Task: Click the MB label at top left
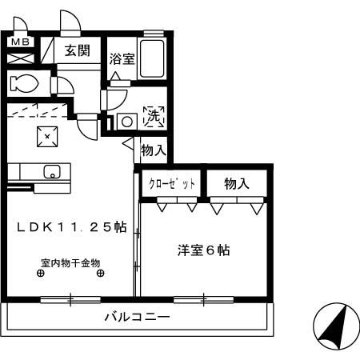(x=20, y=42)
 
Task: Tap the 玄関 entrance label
(x=78, y=51)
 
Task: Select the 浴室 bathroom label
(x=122, y=58)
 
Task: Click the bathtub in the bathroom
(x=153, y=59)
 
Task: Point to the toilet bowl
(x=24, y=83)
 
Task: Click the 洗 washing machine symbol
(x=152, y=116)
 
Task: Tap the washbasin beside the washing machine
(x=125, y=122)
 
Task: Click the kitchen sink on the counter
(x=51, y=170)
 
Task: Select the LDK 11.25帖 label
(x=71, y=227)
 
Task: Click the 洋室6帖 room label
(x=204, y=250)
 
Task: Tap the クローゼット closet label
(x=172, y=184)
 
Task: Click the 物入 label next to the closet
(x=237, y=184)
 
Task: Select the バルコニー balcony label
(x=137, y=318)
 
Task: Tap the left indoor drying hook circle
(x=41, y=273)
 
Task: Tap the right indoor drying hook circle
(x=100, y=273)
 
